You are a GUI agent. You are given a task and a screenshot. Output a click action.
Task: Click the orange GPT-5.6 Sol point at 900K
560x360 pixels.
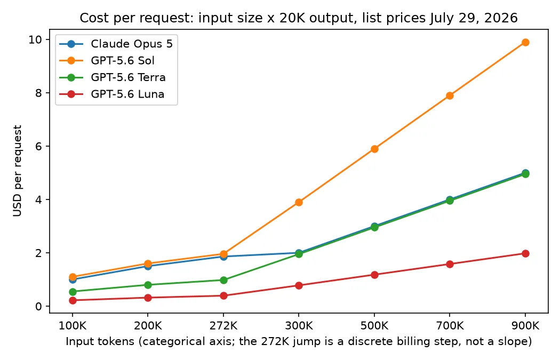click(x=525, y=43)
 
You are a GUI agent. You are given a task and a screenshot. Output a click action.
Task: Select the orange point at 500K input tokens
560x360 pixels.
click(x=374, y=149)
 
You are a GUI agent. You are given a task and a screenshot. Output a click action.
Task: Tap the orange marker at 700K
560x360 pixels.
click(x=450, y=95)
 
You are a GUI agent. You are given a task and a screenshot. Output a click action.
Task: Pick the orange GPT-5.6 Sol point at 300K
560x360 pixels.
click(x=299, y=203)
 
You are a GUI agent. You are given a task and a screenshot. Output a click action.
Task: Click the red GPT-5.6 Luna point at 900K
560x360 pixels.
click(x=525, y=253)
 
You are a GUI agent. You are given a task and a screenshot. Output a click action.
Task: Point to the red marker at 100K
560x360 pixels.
click(x=73, y=300)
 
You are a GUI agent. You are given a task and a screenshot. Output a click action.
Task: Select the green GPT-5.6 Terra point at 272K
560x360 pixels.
click(x=223, y=280)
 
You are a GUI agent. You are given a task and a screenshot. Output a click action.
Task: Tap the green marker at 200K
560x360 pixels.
click(x=148, y=285)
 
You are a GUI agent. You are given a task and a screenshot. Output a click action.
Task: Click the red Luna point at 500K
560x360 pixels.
click(x=374, y=275)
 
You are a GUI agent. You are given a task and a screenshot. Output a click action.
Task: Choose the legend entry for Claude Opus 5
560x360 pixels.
click(x=116, y=44)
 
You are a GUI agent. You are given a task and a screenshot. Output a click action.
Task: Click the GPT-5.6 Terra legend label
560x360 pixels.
click(x=128, y=77)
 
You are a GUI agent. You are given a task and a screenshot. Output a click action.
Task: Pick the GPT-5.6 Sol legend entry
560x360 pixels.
click(x=107, y=61)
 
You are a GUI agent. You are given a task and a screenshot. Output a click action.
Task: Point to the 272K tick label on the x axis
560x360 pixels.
click(x=223, y=326)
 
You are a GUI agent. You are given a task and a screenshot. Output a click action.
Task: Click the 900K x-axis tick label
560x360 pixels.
click(x=525, y=326)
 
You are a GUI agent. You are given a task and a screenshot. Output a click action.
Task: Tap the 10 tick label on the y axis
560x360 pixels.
click(x=35, y=39)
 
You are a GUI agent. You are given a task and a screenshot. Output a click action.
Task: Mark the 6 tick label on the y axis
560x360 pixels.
click(x=38, y=146)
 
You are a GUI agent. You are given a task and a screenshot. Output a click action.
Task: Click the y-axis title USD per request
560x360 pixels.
click(x=17, y=171)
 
